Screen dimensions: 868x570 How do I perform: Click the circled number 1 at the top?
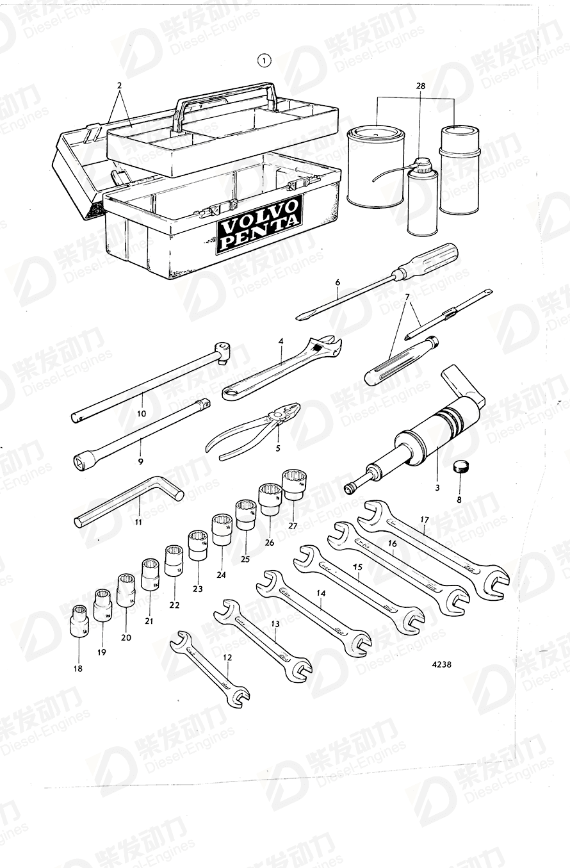click(x=264, y=61)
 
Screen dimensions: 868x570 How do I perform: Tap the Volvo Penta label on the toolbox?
click(x=259, y=223)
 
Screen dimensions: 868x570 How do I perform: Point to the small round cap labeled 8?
click(x=459, y=466)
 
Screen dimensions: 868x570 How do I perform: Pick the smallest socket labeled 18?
click(x=79, y=619)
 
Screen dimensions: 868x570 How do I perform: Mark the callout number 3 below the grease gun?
click(x=437, y=487)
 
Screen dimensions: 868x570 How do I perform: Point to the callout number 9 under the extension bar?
click(x=140, y=460)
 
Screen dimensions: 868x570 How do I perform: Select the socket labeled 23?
click(x=198, y=546)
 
